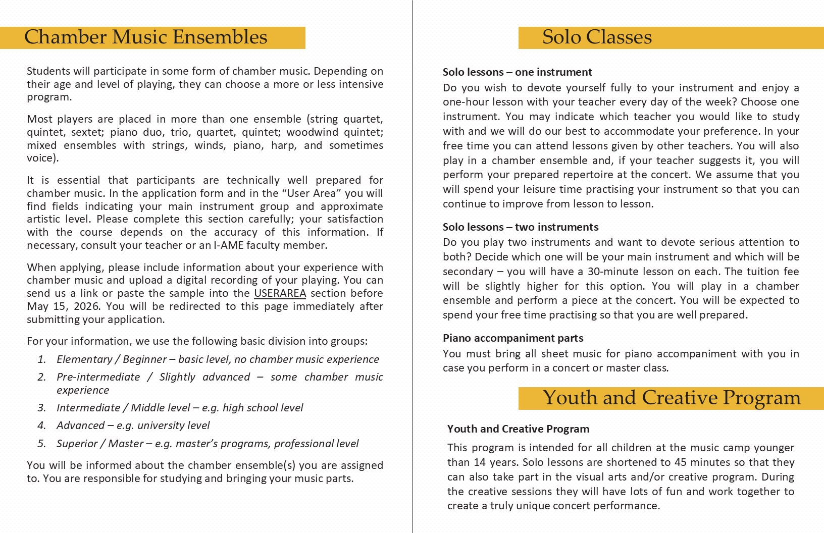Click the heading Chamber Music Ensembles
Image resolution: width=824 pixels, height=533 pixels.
[145, 37]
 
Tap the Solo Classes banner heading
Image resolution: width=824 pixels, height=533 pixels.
[597, 37]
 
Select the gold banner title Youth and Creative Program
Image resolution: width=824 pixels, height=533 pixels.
[672, 398]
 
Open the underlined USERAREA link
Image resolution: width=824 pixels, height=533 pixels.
[280, 293]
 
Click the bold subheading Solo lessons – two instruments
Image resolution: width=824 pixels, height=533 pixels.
[521, 227]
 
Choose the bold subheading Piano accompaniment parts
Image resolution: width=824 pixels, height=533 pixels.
[513, 338]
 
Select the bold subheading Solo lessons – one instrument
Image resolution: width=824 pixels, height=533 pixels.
[518, 72]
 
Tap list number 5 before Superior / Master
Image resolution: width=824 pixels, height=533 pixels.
[41, 444]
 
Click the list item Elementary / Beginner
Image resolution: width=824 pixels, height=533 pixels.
[112, 359]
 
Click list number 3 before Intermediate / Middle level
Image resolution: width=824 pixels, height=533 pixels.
[41, 408]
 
